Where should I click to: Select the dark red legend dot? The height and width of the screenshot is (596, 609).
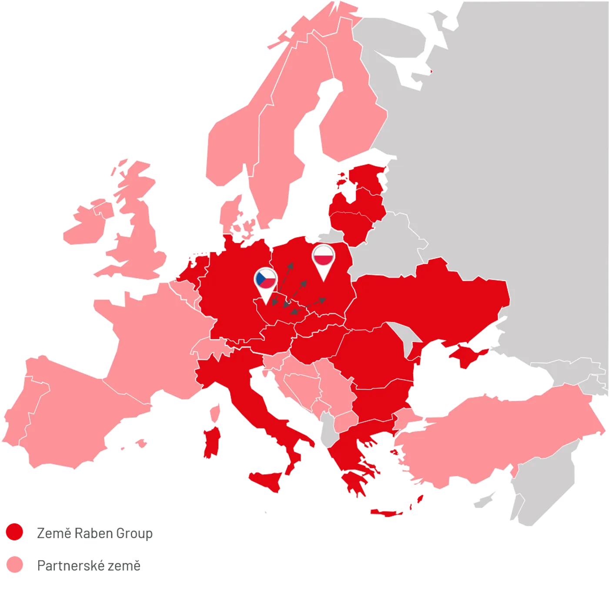(14, 532)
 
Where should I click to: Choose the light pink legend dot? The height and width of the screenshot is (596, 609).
(14, 564)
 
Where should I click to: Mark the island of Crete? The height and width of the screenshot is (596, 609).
(387, 512)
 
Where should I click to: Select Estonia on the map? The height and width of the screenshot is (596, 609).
(368, 177)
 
